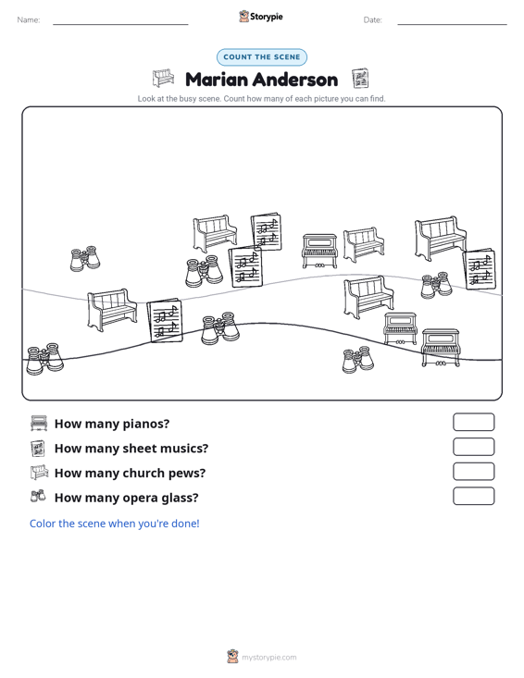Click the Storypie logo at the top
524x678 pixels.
pyautogui.click(x=261, y=17)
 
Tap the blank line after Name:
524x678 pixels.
pyautogui.click(x=120, y=24)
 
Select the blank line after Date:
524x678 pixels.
pyautogui.click(x=452, y=24)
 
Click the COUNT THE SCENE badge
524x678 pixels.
pyautogui.click(x=262, y=57)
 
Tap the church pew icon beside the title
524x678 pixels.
pyautogui.click(x=163, y=78)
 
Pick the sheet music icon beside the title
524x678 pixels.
pyautogui.click(x=360, y=79)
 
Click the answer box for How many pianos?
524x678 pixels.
pyautogui.click(x=473, y=422)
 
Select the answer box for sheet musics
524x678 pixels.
pyautogui.click(x=473, y=447)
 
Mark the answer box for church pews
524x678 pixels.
pyautogui.click(x=473, y=472)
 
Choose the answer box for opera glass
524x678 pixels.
pyautogui.click(x=473, y=496)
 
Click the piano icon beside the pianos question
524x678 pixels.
pyautogui.click(x=39, y=423)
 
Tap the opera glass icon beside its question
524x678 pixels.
pyautogui.click(x=38, y=496)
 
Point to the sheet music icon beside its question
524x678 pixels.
pyautogui.click(x=38, y=448)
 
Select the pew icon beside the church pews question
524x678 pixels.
pyautogui.click(x=39, y=472)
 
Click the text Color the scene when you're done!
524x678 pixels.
pyautogui.click(x=115, y=524)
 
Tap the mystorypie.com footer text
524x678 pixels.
pyautogui.click(x=269, y=658)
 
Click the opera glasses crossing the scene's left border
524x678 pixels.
pyautogui.click(x=44, y=359)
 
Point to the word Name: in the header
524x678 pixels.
pyautogui.click(x=29, y=20)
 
